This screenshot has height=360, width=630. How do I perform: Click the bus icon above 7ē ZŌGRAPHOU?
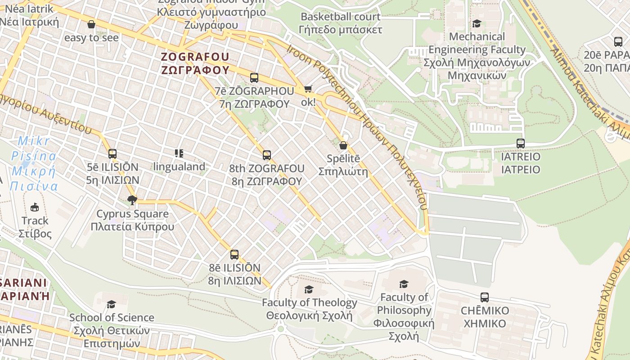tap(254, 77)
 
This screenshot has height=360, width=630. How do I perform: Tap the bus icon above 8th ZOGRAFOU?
tap(267, 155)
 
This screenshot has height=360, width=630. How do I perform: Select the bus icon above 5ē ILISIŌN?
tap(112, 154)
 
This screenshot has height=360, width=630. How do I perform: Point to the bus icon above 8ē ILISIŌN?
tap(234, 255)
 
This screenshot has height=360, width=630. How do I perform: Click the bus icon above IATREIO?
tap(521, 144)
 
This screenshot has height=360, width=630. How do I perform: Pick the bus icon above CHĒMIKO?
tap(485, 297)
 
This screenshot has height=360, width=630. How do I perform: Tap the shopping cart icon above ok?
tap(308, 89)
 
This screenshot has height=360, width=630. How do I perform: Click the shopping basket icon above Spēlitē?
tap(343, 145)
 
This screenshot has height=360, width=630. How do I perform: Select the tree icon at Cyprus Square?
tap(132, 200)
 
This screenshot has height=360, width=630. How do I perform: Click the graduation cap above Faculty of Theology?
tap(309, 289)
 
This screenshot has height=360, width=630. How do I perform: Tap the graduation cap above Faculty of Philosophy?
tap(404, 284)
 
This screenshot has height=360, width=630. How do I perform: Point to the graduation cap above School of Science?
tap(111, 304)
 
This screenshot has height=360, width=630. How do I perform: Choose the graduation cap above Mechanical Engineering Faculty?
tap(477, 23)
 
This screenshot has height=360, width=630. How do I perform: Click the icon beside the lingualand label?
tap(179, 153)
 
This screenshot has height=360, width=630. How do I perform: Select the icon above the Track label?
tap(35, 207)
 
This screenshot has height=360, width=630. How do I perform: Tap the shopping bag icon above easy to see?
tap(91, 24)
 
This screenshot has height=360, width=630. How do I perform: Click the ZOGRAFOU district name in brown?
tap(195, 63)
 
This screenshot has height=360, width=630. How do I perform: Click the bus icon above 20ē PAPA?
tap(618, 41)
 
